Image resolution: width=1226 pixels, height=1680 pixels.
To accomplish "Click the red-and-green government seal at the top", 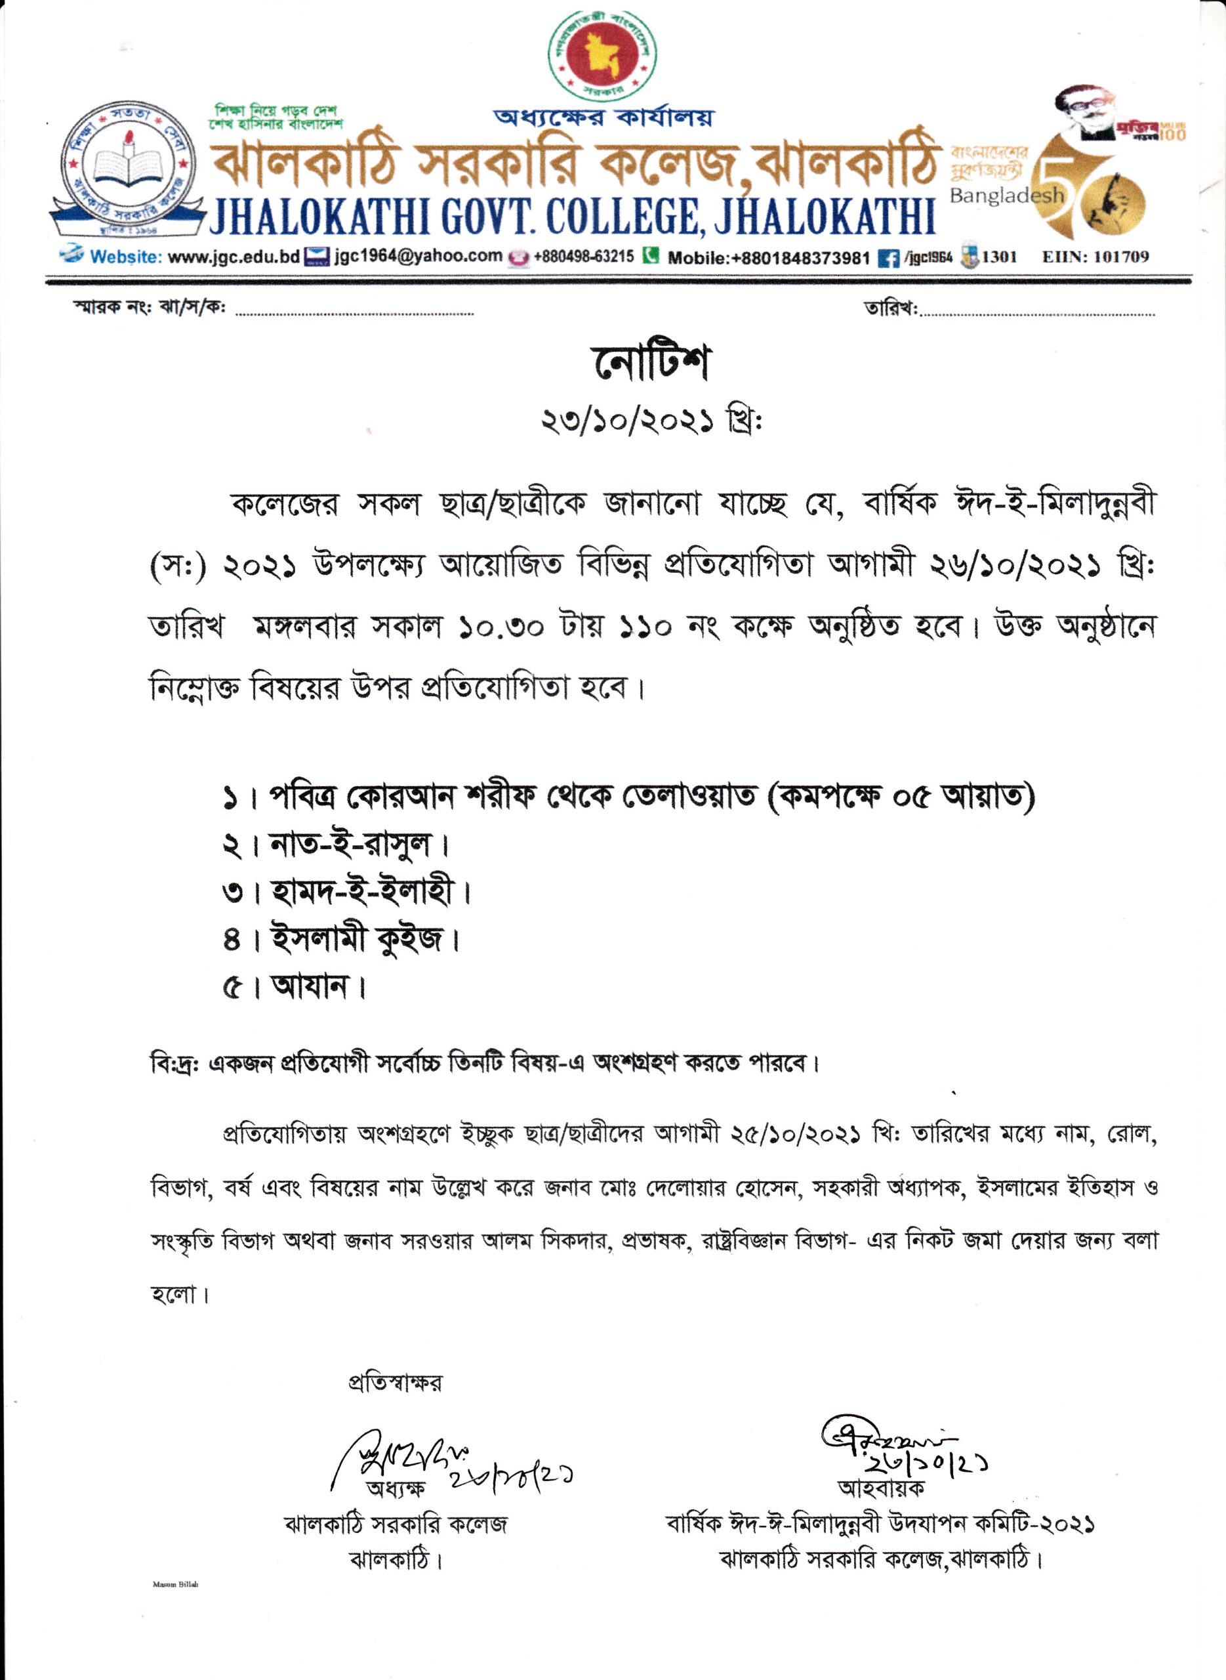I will (602, 56).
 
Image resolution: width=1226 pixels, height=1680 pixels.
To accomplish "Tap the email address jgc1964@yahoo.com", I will (418, 256).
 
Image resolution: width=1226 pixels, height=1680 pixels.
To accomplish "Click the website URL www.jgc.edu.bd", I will (234, 257).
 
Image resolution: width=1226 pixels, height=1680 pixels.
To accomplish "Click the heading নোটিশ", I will (650, 363).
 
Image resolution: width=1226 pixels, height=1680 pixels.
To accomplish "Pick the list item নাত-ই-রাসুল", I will (350, 845).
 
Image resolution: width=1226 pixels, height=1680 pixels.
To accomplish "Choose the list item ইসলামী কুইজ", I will (356, 939).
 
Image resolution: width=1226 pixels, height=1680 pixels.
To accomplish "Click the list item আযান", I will (310, 986).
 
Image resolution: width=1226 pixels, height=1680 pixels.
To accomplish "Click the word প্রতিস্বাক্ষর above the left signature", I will (395, 1382).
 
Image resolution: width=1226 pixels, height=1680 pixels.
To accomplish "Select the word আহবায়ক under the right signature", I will (881, 1488).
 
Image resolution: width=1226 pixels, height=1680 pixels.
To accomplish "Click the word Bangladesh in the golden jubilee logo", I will (1006, 196).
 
